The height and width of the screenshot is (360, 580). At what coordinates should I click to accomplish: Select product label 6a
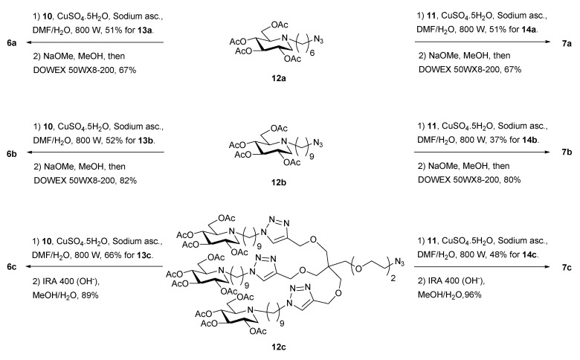coord(10,44)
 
